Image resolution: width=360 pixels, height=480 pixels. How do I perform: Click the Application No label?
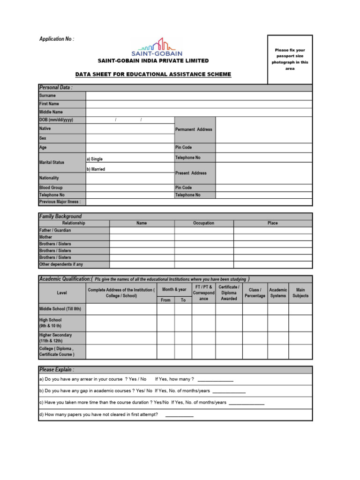[x=56, y=39]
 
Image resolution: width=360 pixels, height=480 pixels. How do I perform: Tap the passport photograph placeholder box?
[x=290, y=59]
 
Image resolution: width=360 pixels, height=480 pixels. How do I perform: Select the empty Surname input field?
[x=199, y=96]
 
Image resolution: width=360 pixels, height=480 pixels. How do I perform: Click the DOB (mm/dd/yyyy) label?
[x=56, y=120]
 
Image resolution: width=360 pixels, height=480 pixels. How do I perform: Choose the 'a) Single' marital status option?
[x=95, y=159]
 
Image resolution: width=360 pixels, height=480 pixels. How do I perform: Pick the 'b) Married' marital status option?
[x=96, y=169]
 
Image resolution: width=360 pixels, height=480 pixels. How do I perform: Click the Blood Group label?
[x=51, y=187]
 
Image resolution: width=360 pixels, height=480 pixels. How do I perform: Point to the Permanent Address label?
[x=194, y=129]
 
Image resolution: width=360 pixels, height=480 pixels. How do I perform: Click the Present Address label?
[x=191, y=173]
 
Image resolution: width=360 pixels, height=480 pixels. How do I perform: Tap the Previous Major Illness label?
[x=60, y=202]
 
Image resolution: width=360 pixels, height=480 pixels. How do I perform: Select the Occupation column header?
[x=203, y=223]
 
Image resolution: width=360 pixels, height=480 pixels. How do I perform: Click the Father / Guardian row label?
[x=55, y=230]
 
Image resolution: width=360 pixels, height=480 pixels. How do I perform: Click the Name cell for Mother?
[x=142, y=237]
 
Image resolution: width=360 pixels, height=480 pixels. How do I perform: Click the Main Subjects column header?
[x=300, y=293]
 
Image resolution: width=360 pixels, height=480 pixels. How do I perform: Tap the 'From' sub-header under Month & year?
[x=165, y=300]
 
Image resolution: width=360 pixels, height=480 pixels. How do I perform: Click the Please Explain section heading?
[x=57, y=369]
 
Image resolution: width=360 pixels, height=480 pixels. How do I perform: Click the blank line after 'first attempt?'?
[x=179, y=415]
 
